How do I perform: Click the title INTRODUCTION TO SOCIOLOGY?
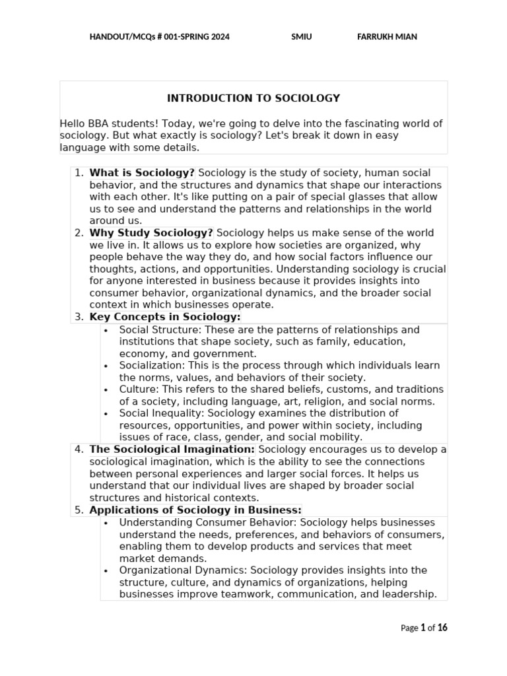click(x=253, y=98)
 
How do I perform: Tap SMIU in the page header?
click(x=302, y=37)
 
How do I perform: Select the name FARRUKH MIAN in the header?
click(x=387, y=37)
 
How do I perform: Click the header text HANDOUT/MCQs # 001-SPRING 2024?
click(x=160, y=37)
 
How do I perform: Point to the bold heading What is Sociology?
click(x=142, y=173)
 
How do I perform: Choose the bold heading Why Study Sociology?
click(x=151, y=233)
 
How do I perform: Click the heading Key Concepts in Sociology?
click(x=164, y=317)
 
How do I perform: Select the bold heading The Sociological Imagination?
click(x=172, y=450)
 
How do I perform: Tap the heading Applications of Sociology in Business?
click(x=195, y=510)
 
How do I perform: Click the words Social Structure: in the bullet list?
click(x=151, y=329)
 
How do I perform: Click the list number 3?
click(x=79, y=317)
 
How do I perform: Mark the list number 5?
click(x=79, y=510)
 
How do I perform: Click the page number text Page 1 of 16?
click(x=424, y=628)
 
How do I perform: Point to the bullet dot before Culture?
click(x=106, y=389)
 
